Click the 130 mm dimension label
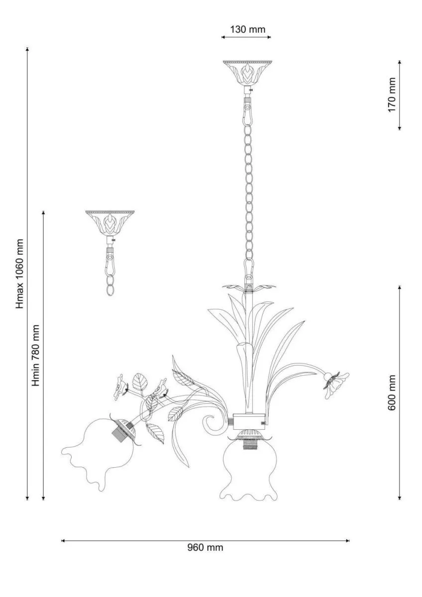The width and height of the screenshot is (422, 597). coord(248,29)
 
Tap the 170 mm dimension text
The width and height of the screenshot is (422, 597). coord(392,95)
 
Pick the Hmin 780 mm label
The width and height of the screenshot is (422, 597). coord(35,356)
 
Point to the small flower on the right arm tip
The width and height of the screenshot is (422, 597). coord(336,384)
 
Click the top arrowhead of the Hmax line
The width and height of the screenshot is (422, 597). coord(27,49)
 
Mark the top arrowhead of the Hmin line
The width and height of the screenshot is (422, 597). coord(43,212)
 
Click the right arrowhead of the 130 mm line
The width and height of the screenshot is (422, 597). coord(269,37)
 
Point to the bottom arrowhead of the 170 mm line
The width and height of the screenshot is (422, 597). coord(399,128)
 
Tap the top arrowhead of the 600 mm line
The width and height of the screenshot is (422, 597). coord(399,288)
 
